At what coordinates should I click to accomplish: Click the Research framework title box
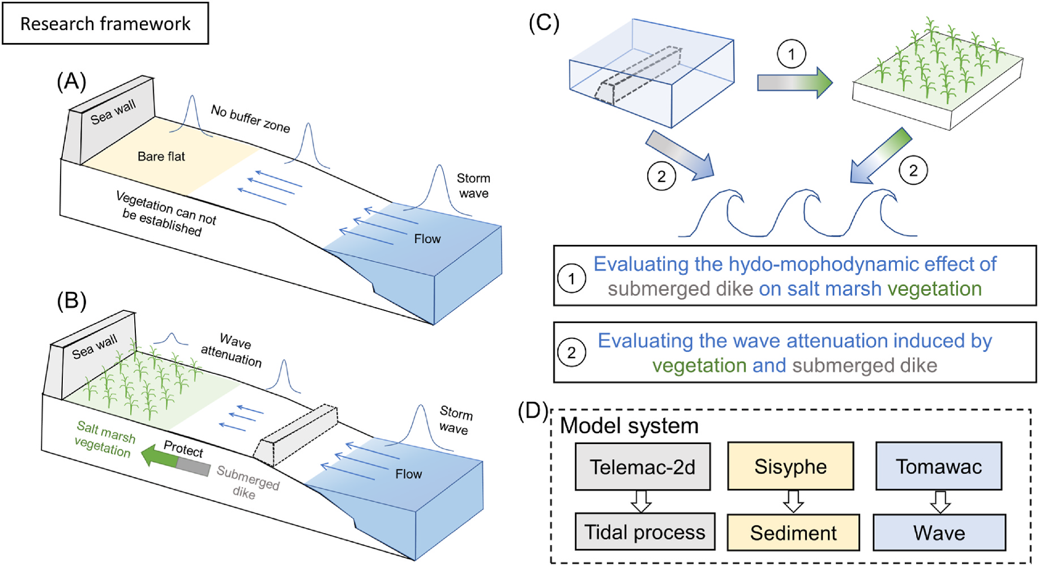(105, 24)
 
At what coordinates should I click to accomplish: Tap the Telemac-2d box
(643, 467)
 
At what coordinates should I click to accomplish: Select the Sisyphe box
(790, 466)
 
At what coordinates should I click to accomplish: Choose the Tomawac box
(939, 466)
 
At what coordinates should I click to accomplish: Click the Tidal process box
(645, 532)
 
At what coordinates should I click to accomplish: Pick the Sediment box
(793, 533)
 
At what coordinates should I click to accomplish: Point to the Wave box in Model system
(939, 533)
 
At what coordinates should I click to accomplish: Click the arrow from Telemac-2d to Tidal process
(642, 501)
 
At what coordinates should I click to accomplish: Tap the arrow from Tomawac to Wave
(940, 501)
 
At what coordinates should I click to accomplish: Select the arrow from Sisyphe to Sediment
(793, 501)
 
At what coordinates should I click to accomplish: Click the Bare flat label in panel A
(161, 156)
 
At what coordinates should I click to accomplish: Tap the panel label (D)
(533, 410)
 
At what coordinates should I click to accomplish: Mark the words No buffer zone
(250, 118)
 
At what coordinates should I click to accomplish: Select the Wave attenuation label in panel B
(232, 350)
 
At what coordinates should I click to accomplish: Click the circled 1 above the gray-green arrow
(791, 54)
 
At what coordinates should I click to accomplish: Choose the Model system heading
(629, 425)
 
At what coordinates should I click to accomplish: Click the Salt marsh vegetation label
(105, 439)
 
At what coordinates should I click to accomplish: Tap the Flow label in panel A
(427, 239)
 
